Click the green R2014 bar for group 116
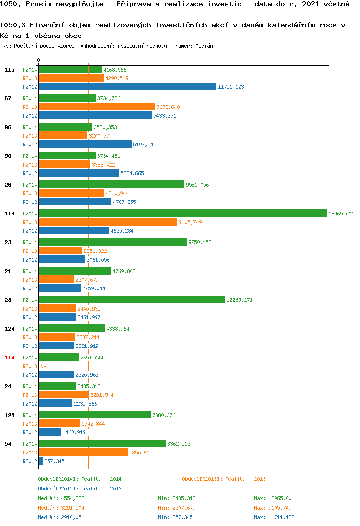(x=183, y=214)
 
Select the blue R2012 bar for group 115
(x=128, y=86)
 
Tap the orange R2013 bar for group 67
(x=97, y=107)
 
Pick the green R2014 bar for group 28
(x=132, y=299)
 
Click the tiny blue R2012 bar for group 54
(x=41, y=461)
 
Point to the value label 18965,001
(x=341, y=214)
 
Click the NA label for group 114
(x=43, y=366)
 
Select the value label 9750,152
(x=200, y=242)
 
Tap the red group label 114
(x=10, y=358)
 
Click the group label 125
(x=10, y=415)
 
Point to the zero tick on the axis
(x=38, y=60)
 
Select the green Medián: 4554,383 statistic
(x=61, y=499)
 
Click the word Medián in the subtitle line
(x=204, y=46)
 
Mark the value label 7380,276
(x=164, y=415)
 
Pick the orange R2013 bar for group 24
(x=64, y=395)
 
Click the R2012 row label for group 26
(x=30, y=202)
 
